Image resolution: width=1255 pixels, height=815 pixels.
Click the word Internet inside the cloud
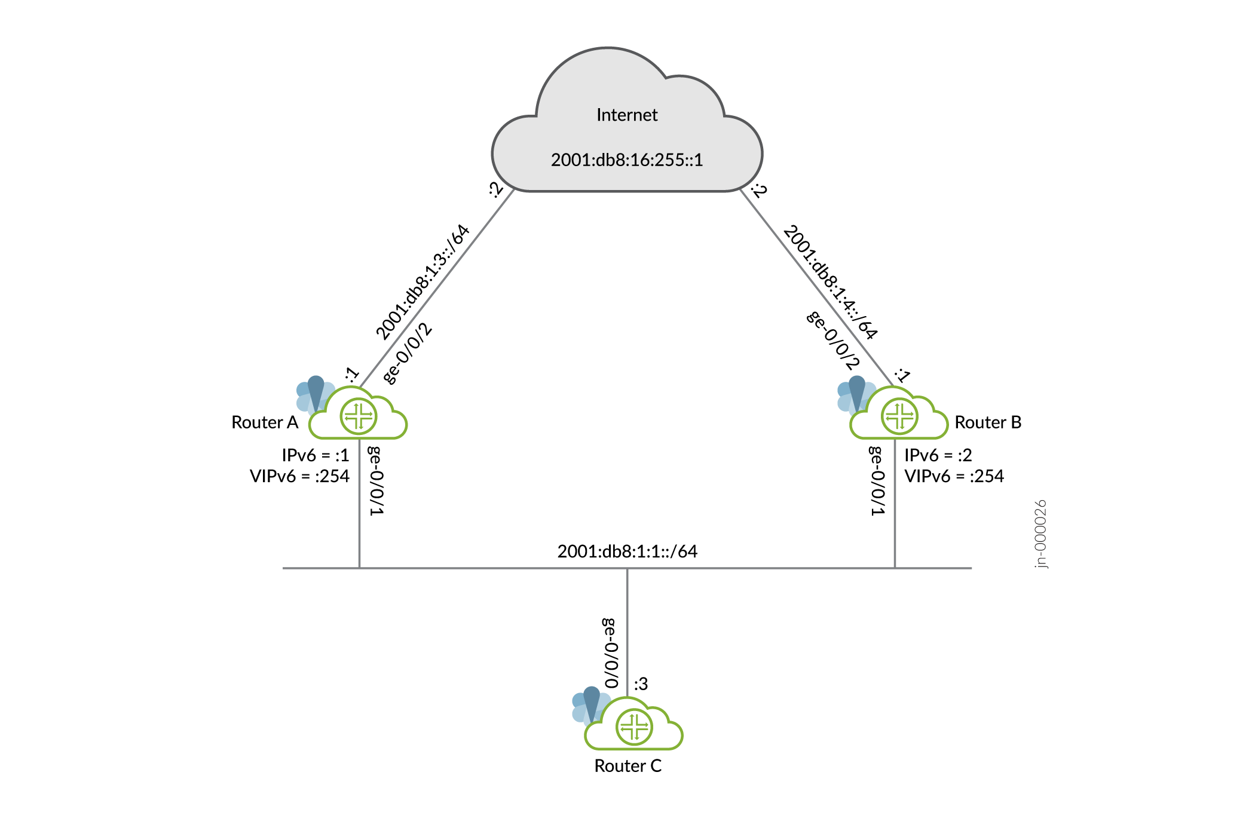pyautogui.click(x=626, y=115)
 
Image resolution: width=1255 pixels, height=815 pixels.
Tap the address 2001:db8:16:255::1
pyautogui.click(x=626, y=160)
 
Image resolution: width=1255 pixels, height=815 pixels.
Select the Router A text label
pyautogui.click(x=264, y=422)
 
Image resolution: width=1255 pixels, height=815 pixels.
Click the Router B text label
pyautogui.click(x=987, y=422)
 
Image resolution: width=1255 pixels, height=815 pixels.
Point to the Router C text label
pyautogui.click(x=627, y=766)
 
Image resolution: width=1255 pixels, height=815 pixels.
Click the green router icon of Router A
pyautogui.click(x=359, y=416)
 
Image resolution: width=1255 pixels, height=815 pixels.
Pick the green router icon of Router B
pyautogui.click(x=899, y=416)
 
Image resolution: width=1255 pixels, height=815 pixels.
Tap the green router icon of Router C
pyautogui.click(x=634, y=727)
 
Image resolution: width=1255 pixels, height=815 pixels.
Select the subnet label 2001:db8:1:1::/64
pyautogui.click(x=627, y=551)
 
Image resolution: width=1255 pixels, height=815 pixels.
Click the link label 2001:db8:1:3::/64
pyautogui.click(x=422, y=282)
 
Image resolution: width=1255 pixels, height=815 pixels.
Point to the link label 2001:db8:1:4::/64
pyautogui.click(x=830, y=282)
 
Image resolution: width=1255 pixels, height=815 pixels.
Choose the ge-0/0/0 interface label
pyautogui.click(x=610, y=653)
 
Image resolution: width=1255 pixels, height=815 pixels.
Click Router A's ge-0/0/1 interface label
pyautogui.click(x=375, y=481)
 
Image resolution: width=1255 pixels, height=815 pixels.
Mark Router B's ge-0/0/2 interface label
pyautogui.click(x=833, y=341)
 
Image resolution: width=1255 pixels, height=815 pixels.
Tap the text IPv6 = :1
pyautogui.click(x=315, y=455)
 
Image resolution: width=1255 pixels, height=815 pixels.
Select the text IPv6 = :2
pyautogui.click(x=938, y=455)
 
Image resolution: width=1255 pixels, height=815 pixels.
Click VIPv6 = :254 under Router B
pyautogui.click(x=954, y=476)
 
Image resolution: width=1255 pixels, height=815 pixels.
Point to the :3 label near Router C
pyautogui.click(x=641, y=684)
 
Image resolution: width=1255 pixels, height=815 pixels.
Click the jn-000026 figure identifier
pyautogui.click(x=1040, y=534)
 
